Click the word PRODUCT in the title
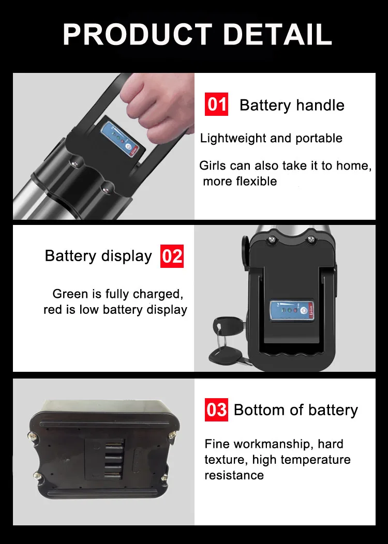pyautogui.click(x=138, y=34)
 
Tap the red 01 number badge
pyautogui.click(x=216, y=104)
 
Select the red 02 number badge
pyautogui.click(x=172, y=256)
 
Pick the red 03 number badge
pyautogui.click(x=216, y=410)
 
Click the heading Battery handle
pyautogui.click(x=292, y=105)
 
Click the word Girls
pyautogui.click(x=213, y=165)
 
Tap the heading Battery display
pyautogui.click(x=98, y=256)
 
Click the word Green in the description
pyautogui.click(x=70, y=294)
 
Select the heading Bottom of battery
pyautogui.click(x=296, y=410)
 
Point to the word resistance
pyautogui.click(x=234, y=475)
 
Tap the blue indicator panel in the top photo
pyautogui.click(x=119, y=137)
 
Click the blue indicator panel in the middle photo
pyautogui.click(x=292, y=310)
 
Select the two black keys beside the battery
pyautogui.click(x=227, y=342)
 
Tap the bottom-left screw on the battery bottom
pyautogui.click(x=37, y=476)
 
